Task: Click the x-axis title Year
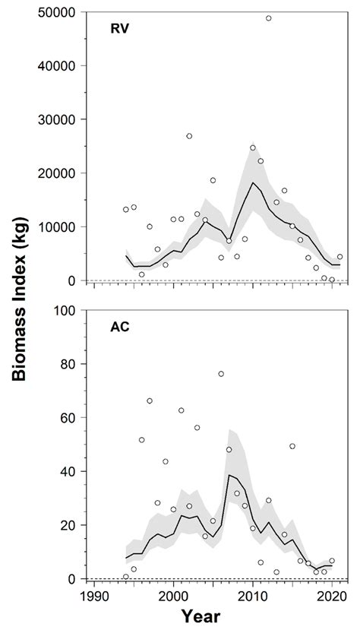pos(213,616)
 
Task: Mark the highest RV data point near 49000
pos(269,18)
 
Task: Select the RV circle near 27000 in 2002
pos(189,136)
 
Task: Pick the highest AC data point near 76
pos(221,374)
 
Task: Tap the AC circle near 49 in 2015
pos(292,446)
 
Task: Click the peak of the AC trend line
pos(229,475)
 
